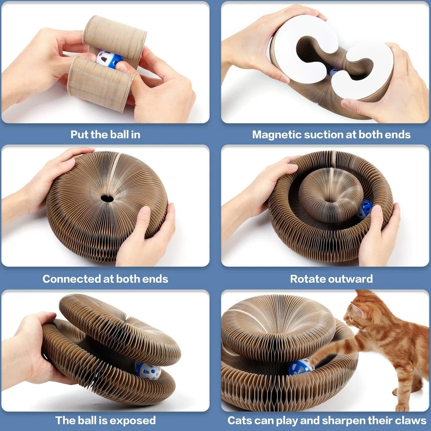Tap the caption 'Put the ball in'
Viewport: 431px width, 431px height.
[105, 134]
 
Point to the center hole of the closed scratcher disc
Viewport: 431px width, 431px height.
[107, 198]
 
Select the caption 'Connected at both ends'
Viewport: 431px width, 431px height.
[105, 279]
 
